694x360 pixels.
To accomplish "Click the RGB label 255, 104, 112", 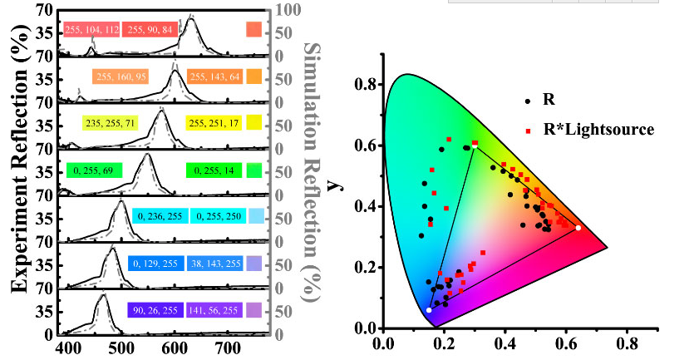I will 91,31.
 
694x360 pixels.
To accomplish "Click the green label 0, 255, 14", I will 214,170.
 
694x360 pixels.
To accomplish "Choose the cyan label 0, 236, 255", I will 160,216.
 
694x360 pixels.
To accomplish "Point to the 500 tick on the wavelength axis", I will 121,347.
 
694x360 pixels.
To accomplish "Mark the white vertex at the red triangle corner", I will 578,228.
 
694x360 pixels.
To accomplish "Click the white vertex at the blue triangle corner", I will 429,309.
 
